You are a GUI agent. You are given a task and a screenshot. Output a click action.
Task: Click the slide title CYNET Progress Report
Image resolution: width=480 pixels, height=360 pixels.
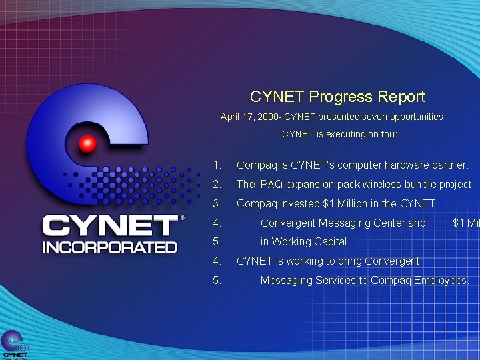(337, 97)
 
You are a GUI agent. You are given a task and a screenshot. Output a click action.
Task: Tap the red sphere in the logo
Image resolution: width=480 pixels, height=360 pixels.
(87, 145)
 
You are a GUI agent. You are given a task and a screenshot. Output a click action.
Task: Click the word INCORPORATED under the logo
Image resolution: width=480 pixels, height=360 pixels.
(110, 246)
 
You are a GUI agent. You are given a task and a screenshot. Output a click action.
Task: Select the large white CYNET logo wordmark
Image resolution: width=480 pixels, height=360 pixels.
(110, 225)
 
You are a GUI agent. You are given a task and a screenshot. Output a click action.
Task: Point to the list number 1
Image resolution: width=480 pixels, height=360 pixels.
(216, 165)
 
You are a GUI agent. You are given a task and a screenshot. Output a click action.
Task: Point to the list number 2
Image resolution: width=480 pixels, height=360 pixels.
(216, 184)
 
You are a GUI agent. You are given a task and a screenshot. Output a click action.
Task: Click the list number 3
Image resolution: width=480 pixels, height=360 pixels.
(216, 203)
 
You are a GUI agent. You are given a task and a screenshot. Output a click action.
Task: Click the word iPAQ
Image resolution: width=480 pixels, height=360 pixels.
(271, 184)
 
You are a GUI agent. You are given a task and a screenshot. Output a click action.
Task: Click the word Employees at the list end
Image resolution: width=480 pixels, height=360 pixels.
(441, 281)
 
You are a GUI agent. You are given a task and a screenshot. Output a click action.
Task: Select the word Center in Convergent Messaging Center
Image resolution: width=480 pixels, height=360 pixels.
(388, 223)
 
